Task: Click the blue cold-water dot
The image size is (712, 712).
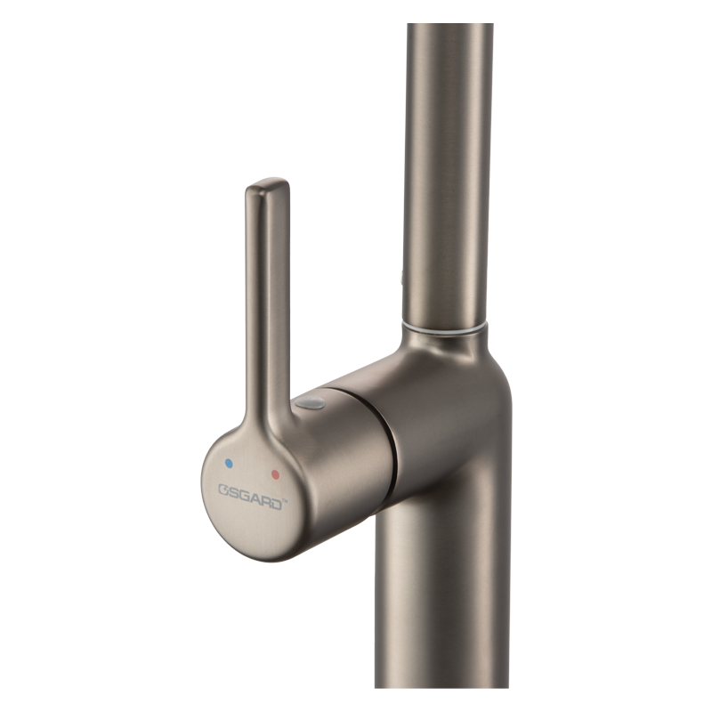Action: tap(229, 463)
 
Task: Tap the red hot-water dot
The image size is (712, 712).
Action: tap(275, 475)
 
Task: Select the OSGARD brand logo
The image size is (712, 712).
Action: tap(253, 497)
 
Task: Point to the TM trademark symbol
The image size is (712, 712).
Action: tap(285, 501)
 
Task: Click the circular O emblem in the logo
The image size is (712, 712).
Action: tap(223, 490)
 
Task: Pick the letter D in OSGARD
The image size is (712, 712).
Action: tap(275, 504)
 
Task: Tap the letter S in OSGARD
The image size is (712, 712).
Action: tap(233, 492)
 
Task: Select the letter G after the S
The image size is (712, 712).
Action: tap(244, 495)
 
